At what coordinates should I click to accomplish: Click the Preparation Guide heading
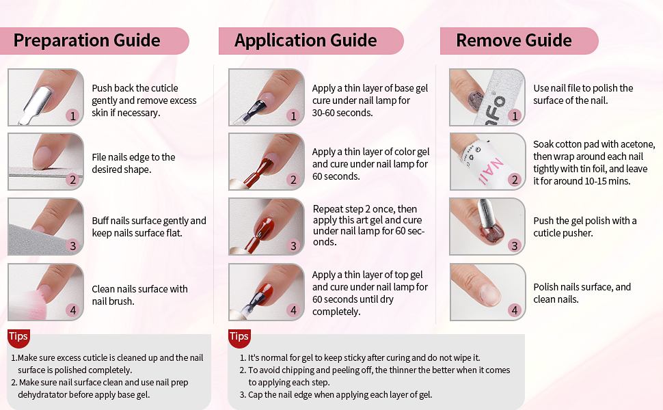(87, 40)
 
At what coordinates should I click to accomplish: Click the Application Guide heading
(306, 40)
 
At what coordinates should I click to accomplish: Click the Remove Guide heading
(513, 40)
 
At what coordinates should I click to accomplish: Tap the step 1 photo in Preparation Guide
(45, 97)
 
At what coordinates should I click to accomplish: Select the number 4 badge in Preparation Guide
(72, 311)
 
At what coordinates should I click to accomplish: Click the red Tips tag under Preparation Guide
(18, 336)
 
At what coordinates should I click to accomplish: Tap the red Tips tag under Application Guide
(239, 336)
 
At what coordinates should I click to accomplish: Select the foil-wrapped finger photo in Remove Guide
(487, 161)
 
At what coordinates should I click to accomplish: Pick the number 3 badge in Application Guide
(293, 246)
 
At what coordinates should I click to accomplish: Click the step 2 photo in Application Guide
(266, 161)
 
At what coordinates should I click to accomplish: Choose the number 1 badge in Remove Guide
(515, 116)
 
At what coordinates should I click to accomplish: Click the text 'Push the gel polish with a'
(584, 221)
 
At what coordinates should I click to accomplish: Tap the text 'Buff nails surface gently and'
(149, 221)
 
